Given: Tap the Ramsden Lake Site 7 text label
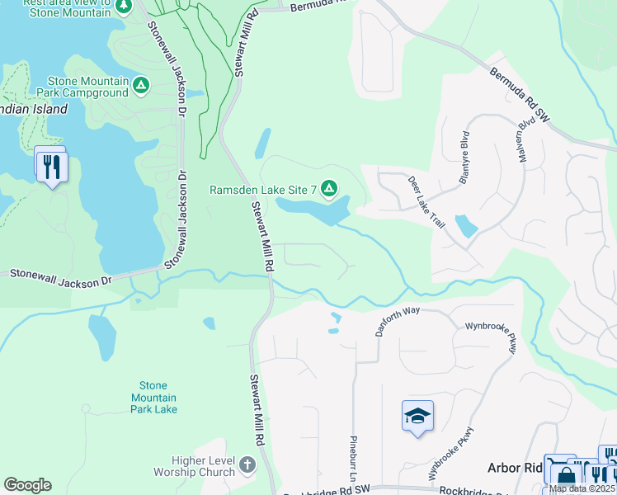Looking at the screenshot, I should pyautogui.click(x=264, y=190).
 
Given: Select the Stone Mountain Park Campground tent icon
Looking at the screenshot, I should pyautogui.click(x=142, y=86).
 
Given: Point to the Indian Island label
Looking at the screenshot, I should pyautogui.click(x=33, y=110).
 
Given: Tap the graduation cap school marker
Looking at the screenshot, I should pyautogui.click(x=417, y=416).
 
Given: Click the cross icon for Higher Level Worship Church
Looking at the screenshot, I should pyautogui.click(x=247, y=466).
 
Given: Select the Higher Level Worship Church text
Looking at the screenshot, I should pyautogui.click(x=194, y=467).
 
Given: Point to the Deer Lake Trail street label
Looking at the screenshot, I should pyautogui.click(x=427, y=199).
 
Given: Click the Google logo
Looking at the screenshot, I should pyautogui.click(x=27, y=485).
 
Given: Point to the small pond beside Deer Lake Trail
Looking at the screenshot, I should pyautogui.click(x=465, y=226).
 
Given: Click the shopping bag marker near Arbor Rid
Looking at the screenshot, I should pyautogui.click(x=566, y=476).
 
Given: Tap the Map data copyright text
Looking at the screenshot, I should pyautogui.click(x=582, y=488).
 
